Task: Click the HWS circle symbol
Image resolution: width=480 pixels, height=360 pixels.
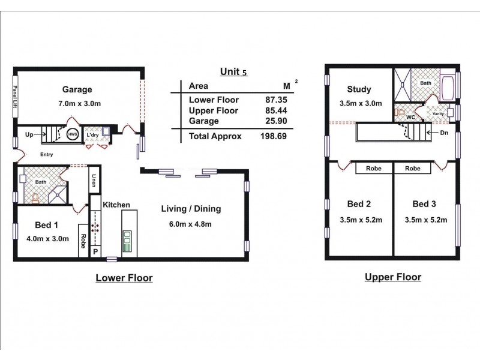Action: [x=73, y=134]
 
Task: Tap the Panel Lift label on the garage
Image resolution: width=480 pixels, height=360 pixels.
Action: [x=14, y=97]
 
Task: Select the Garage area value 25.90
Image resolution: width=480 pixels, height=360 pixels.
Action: [x=276, y=121]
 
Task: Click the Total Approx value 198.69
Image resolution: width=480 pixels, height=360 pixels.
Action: [x=274, y=136]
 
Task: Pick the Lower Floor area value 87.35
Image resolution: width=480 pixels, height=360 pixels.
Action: [x=276, y=100]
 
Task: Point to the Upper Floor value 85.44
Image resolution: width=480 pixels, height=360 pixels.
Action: [x=276, y=110]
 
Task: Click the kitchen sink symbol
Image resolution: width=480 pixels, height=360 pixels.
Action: [x=127, y=241]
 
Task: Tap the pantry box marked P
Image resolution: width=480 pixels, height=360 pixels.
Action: [x=95, y=251]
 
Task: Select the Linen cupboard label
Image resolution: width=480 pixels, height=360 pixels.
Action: [x=94, y=181]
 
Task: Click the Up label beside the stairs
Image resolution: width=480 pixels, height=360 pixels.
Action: [x=29, y=134]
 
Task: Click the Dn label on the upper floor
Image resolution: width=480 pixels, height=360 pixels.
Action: [x=444, y=133]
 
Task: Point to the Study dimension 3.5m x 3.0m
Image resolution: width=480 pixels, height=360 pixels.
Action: [x=361, y=103]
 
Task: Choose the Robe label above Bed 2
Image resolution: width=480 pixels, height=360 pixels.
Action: [x=374, y=169]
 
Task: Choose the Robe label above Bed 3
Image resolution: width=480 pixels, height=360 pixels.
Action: [x=413, y=169]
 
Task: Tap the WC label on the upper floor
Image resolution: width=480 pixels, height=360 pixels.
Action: [x=410, y=117]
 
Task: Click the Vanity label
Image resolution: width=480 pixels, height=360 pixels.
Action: [x=438, y=113]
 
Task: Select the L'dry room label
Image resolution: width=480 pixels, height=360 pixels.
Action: [x=92, y=134]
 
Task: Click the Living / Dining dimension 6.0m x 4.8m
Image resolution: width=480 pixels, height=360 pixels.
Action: [x=190, y=224]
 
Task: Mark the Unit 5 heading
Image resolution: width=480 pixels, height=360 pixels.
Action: [x=233, y=71]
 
